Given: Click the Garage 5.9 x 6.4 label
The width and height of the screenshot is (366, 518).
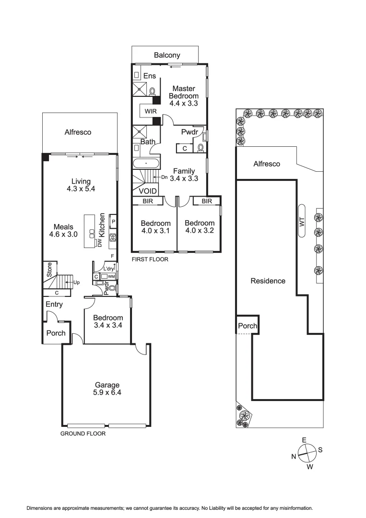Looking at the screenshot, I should (106, 388).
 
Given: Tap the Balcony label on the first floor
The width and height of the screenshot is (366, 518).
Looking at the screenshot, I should (167, 55).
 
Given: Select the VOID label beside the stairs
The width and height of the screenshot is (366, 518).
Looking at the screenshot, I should (148, 191).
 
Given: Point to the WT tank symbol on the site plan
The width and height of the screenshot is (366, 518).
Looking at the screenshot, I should (301, 221).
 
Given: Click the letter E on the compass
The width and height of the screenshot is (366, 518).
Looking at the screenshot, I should (304, 440).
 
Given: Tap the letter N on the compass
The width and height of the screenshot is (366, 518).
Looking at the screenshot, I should (294, 457).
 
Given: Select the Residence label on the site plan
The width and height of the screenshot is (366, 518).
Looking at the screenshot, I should (268, 281).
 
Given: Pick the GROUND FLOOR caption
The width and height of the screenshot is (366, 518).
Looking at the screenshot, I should (83, 433).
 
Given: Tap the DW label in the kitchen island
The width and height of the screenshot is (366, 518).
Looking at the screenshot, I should (100, 243).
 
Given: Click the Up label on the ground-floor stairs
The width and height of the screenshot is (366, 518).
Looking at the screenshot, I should (76, 283).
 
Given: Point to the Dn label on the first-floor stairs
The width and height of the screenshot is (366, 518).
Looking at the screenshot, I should (164, 177).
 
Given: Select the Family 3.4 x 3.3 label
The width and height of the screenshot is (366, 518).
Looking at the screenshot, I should (184, 175).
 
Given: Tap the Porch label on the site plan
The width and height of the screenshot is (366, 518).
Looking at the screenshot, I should (248, 326).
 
